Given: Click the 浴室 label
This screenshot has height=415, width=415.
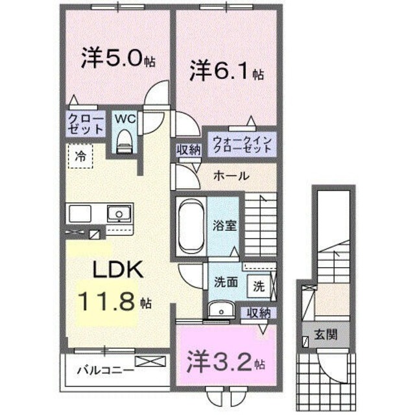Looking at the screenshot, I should tap(222, 226).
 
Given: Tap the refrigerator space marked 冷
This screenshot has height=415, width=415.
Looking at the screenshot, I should tap(80, 156).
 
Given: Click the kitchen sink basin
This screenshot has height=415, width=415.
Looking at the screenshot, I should tap(119, 213).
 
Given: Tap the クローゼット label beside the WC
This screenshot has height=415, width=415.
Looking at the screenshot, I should tap(85, 124).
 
